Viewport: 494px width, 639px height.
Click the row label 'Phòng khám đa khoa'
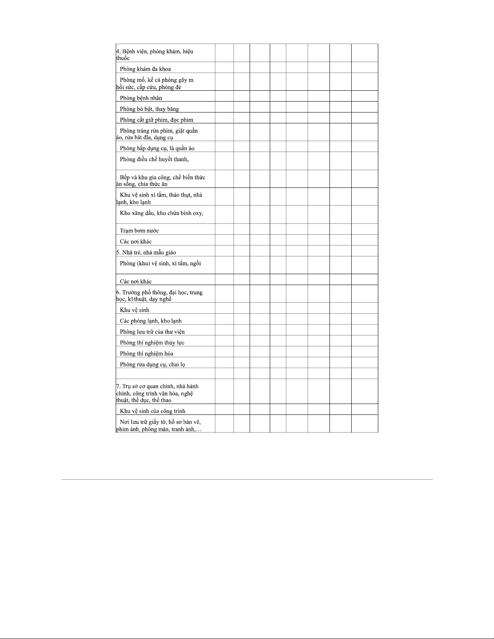[x=145, y=69]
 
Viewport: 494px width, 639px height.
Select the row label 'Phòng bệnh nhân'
[x=141, y=98]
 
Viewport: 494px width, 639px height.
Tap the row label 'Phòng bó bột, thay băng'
[x=149, y=109]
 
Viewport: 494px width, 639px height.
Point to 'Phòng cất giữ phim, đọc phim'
[x=156, y=120]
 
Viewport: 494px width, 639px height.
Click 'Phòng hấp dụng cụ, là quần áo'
[x=157, y=148]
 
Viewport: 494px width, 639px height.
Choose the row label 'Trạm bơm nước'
[x=139, y=231]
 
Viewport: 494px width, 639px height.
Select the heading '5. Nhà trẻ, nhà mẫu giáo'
[x=146, y=252]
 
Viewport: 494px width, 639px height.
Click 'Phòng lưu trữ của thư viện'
[x=152, y=332]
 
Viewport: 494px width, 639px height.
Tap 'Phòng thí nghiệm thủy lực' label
[x=152, y=343]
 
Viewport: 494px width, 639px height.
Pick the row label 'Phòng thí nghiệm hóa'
[x=146, y=354]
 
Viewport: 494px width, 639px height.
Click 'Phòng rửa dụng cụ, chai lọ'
[x=152, y=364]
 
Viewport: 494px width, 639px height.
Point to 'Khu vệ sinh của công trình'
[x=152, y=411]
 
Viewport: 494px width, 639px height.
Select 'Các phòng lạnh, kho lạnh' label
[x=150, y=321]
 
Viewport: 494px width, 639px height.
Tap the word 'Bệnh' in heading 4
[x=129, y=52]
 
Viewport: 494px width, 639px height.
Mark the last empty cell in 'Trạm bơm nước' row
[x=365, y=229]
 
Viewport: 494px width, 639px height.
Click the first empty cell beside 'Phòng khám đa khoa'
[x=224, y=67]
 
